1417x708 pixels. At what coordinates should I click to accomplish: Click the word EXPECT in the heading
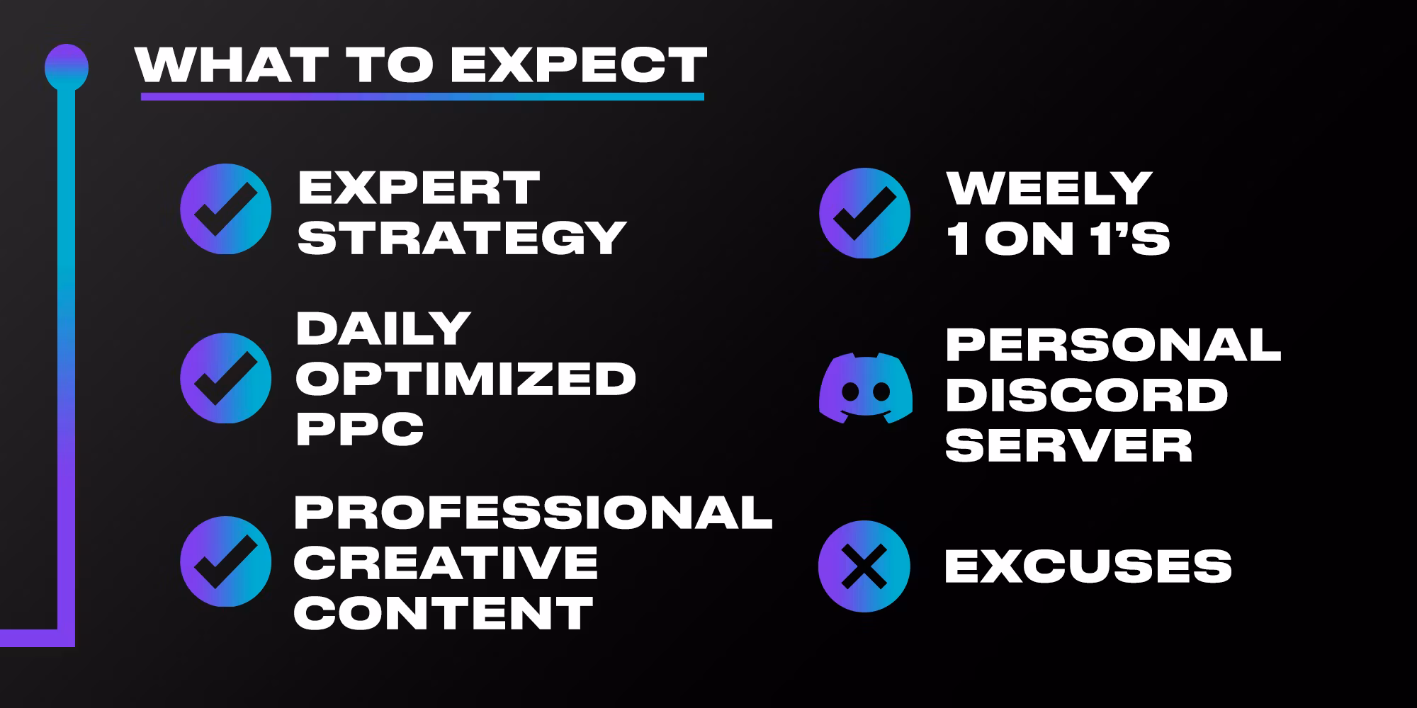coord(578,65)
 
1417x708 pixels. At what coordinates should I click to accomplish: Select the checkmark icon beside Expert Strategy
coord(225,209)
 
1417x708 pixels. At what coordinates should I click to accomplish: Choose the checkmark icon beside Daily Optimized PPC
coord(225,378)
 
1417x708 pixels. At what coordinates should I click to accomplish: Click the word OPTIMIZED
coord(465,379)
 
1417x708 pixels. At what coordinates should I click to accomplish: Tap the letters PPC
coord(360,428)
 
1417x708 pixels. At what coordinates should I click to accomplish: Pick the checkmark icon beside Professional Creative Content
coord(225,561)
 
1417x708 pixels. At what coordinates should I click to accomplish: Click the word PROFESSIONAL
coord(533,512)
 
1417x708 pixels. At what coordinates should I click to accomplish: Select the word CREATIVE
coord(446,562)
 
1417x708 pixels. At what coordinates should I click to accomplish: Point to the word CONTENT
coord(444,612)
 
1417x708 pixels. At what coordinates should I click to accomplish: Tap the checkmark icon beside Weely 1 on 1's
coord(864,213)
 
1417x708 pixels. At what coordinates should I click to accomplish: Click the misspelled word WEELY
coord(1049,188)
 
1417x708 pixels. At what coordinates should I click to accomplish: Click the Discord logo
coord(865,388)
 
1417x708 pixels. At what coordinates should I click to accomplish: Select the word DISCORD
coord(1086,395)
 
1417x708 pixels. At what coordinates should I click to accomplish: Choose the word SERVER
coord(1069,445)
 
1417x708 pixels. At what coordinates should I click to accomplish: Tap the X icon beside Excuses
coord(864,566)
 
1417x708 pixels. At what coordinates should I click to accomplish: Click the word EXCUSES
coord(1088,566)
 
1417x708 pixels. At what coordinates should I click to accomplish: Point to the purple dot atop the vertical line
coord(67,67)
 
